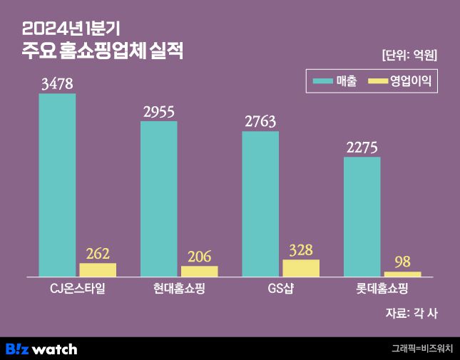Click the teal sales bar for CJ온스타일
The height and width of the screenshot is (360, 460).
57,185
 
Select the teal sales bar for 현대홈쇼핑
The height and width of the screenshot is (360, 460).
159,199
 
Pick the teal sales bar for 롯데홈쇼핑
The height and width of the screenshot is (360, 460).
362,216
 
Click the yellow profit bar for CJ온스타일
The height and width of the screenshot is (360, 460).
98,269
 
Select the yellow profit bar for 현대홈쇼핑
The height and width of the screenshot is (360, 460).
200,271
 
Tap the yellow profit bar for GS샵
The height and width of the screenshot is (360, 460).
301,268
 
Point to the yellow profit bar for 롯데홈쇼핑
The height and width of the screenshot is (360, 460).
403,274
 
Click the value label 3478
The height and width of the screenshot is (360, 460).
57,84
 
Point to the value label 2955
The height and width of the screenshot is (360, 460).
159,112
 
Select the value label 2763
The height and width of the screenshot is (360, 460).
260,122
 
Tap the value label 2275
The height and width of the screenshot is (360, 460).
362,148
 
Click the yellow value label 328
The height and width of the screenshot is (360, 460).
301,250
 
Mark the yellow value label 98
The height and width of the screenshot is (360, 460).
403,262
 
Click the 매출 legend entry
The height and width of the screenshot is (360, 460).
339,81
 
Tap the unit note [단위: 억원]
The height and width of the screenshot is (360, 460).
409,55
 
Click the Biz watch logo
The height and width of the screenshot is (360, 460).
41,349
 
